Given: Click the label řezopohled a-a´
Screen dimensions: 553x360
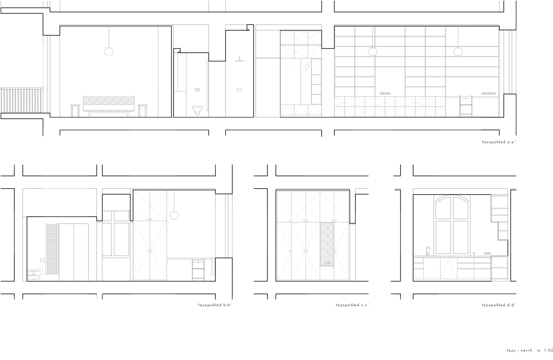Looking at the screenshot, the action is tap(499, 142).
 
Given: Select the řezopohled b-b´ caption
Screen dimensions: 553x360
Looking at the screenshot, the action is tap(215, 305).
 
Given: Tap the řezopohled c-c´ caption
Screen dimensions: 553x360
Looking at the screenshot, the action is tap(353, 305).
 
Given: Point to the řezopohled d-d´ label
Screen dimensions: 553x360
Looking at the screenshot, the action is tap(499, 305).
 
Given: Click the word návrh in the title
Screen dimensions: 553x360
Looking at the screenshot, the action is tap(527, 351).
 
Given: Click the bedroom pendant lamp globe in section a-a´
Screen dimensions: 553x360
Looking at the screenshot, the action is tap(109, 51).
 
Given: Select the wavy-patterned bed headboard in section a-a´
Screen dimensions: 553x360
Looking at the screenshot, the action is tap(109, 104).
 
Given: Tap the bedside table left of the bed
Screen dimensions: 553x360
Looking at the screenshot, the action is tap(75, 111).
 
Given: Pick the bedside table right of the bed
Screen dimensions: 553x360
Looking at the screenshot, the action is tap(143, 111).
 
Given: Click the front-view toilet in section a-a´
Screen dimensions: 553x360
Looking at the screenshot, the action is tap(197, 110).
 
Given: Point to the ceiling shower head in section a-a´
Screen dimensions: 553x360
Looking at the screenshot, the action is tap(239, 59).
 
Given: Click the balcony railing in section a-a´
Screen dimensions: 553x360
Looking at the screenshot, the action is tap(22, 100).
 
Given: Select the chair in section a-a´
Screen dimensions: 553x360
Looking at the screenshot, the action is tap(466, 106).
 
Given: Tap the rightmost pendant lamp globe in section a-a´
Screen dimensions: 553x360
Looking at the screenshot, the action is tap(458, 51).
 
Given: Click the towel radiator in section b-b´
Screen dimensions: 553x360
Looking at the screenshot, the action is tap(52, 249).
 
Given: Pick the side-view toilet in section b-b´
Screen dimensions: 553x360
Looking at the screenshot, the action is tap(35, 275).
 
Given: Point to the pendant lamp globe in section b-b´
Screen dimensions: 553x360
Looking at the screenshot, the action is tap(174, 215).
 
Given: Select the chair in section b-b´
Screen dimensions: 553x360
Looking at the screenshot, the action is tap(198, 270).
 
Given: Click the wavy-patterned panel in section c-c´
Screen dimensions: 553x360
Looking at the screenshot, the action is tap(327, 244).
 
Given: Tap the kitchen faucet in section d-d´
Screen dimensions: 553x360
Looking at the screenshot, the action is tap(428, 251).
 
